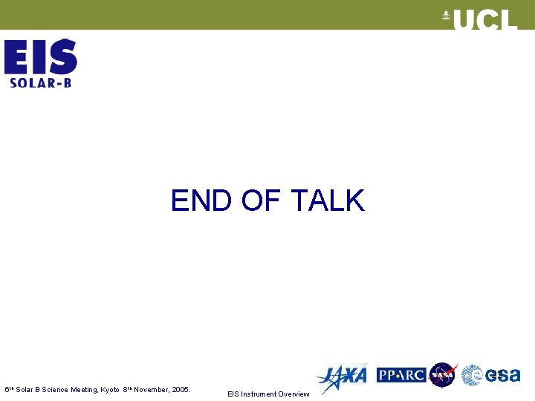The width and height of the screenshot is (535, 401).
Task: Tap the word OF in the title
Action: coord(260,201)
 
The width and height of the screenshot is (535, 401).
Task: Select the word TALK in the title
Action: coord(327,201)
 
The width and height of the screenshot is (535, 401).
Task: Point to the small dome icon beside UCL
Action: coord(447,16)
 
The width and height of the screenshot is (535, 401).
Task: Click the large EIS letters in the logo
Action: coord(41,56)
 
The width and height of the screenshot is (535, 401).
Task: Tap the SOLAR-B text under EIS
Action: coord(41,82)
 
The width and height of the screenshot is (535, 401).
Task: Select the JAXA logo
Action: coord(342,376)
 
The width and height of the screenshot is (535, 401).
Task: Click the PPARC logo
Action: coord(401,375)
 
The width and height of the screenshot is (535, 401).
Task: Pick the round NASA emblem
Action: coord(444,375)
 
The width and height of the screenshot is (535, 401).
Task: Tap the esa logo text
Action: coord(503,376)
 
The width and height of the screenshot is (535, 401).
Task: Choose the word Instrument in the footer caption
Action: coord(257,394)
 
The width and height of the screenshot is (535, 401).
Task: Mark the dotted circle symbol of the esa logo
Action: coord(472,376)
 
